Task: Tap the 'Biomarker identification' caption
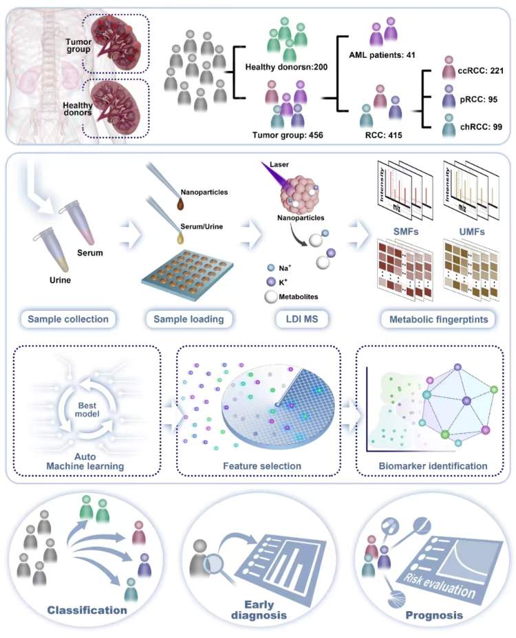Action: (x=433, y=466)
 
